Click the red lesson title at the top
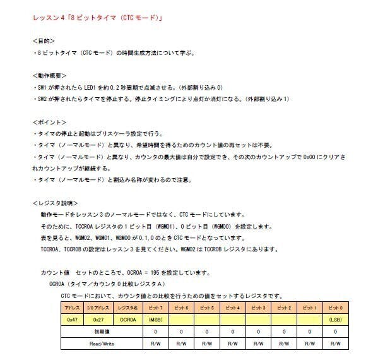98,18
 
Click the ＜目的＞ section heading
45,40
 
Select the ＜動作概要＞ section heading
49,75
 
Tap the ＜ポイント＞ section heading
49,121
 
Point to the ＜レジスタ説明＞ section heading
55,203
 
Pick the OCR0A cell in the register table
128,320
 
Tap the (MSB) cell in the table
156,320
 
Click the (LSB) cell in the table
335,320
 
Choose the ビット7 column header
156,308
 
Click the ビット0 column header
335,308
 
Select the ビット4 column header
232,308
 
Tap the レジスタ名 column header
128,308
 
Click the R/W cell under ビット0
335,344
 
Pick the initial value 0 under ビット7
156,332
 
